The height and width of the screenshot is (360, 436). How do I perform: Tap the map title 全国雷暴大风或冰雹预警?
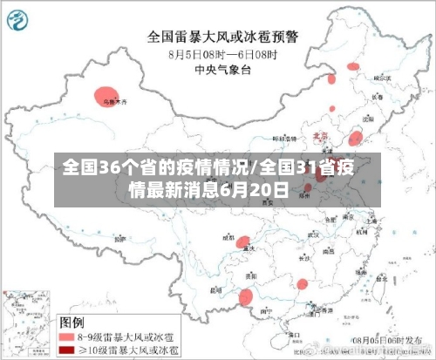click(x=222, y=37)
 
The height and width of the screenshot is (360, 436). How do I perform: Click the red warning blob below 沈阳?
click(x=355, y=138)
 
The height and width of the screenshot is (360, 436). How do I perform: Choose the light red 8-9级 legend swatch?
click(x=67, y=335)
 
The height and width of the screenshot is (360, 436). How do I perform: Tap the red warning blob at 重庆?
click(x=247, y=241)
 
